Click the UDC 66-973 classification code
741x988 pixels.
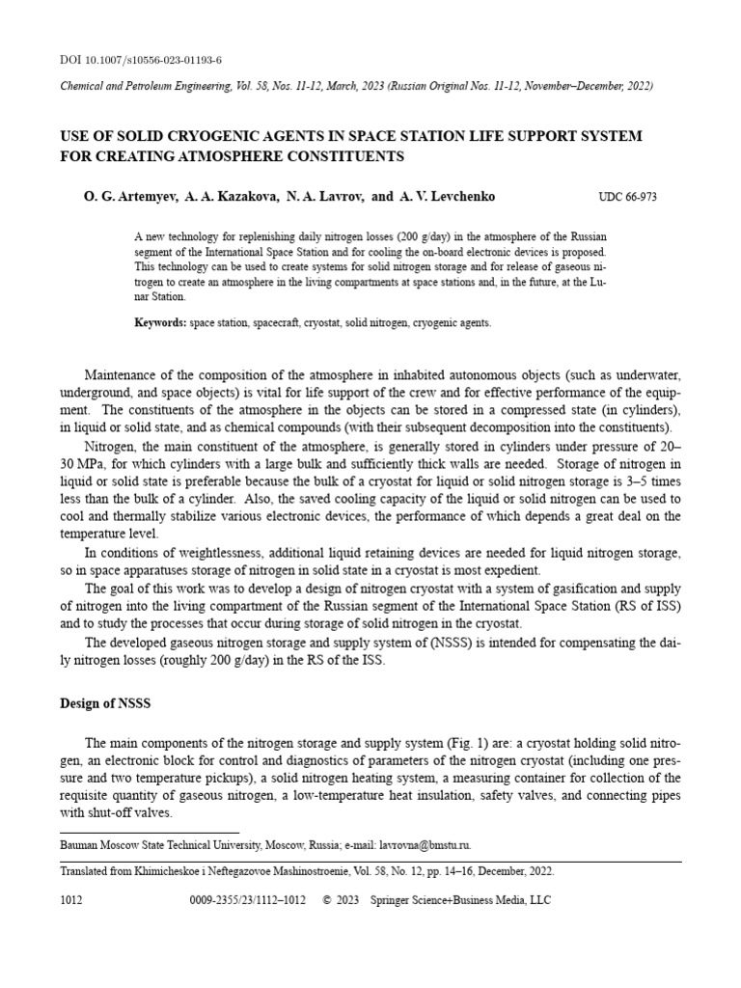coord(627,198)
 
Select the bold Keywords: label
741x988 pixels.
coord(160,323)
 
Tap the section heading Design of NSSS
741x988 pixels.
coord(105,703)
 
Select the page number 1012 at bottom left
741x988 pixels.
coord(71,900)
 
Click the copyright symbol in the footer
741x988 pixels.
coord(325,900)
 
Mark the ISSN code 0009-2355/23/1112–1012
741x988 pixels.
coord(250,900)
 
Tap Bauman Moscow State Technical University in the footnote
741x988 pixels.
coord(150,844)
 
